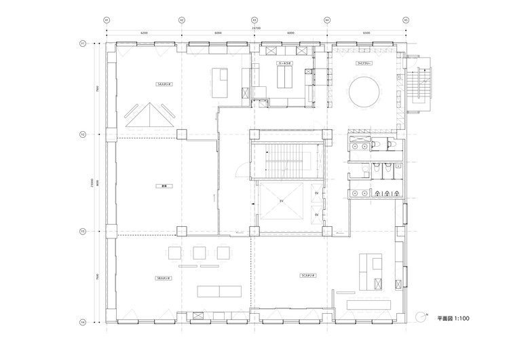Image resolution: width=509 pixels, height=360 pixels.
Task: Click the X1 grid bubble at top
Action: coord(106,20)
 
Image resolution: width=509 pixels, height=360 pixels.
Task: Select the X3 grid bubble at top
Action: coord(254,20)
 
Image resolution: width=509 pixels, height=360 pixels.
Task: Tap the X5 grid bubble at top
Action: coord(406,20)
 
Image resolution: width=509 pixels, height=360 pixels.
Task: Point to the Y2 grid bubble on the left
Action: coord(82,134)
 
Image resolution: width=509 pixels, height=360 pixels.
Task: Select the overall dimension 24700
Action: coord(255,27)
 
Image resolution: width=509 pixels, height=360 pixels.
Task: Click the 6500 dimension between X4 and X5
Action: coord(366,33)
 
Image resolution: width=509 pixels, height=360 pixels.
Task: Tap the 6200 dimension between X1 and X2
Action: coord(144,33)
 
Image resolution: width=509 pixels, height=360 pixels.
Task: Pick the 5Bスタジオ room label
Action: coord(164,278)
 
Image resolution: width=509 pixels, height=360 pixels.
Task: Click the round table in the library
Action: coord(365,91)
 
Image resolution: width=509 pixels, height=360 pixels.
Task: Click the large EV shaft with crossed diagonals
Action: coord(281,202)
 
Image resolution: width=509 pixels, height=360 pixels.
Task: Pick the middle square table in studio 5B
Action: coord(200,253)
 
